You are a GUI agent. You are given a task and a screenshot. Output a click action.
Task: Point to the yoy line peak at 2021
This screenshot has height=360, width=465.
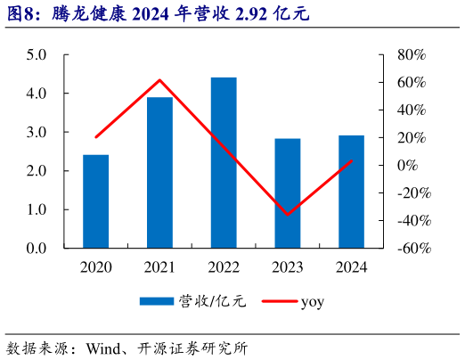[x=159, y=80]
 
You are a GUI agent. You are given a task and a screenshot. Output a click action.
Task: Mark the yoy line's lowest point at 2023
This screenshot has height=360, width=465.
[x=287, y=214]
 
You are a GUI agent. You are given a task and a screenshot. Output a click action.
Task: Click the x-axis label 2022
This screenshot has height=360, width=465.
[x=224, y=266]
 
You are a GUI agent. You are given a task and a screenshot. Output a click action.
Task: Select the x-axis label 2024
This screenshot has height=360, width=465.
[x=351, y=266]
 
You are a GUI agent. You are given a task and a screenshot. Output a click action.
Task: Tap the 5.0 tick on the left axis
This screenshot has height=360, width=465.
[x=36, y=54]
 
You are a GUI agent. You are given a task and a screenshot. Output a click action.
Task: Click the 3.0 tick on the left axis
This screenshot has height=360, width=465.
[x=36, y=132]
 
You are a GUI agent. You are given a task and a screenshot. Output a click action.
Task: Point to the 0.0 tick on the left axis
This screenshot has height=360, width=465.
[x=36, y=248]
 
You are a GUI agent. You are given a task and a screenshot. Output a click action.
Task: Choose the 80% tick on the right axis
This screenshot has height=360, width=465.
[x=412, y=54]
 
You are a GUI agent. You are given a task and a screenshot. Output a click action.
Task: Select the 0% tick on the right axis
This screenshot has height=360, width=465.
[x=407, y=165]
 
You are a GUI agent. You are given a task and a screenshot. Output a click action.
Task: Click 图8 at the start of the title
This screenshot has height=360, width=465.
[x=21, y=15]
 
